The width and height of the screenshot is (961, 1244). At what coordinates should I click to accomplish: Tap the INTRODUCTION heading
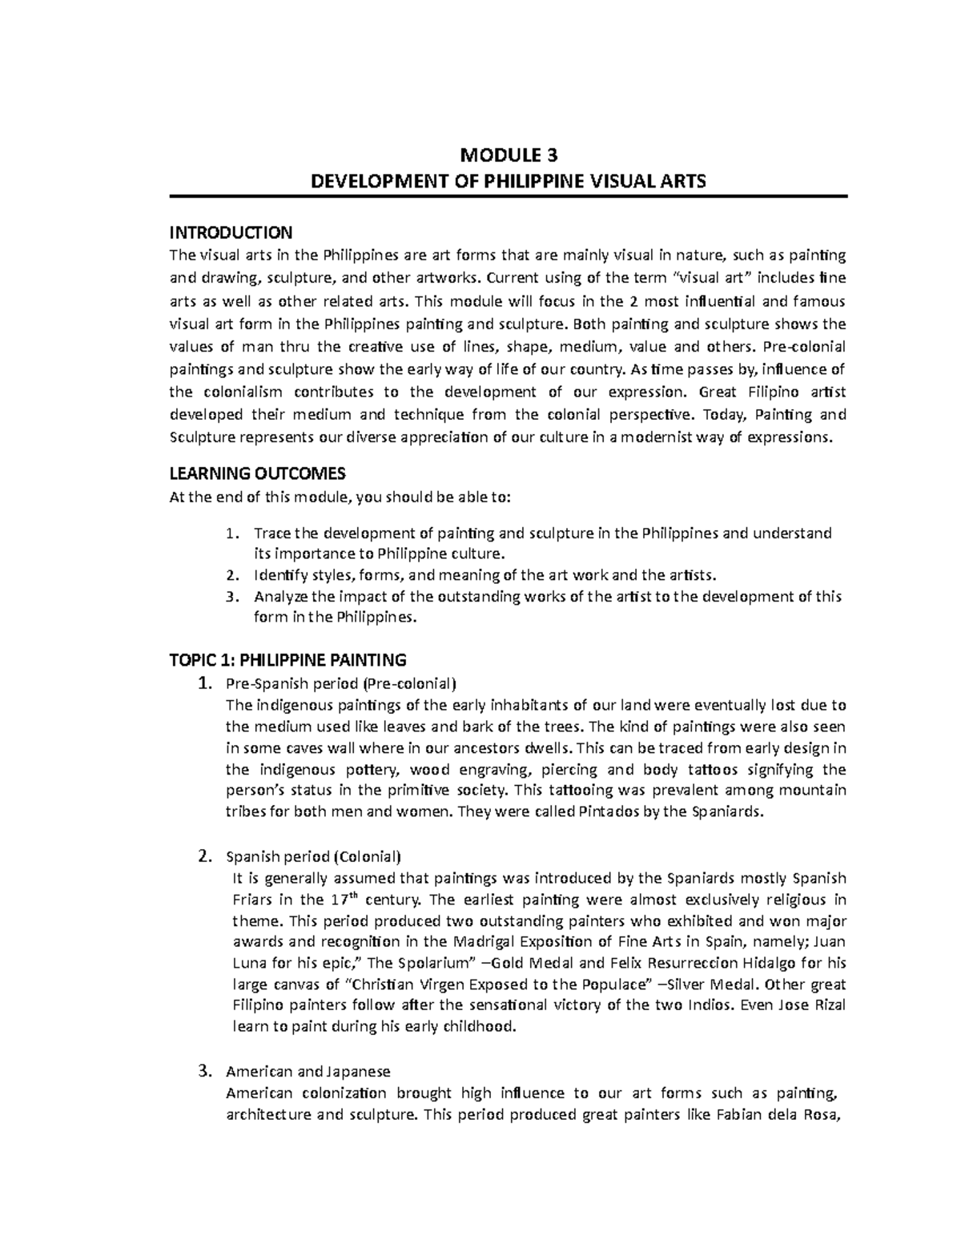(x=231, y=233)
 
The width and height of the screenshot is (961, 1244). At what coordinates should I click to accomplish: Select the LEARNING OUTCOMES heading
(x=257, y=473)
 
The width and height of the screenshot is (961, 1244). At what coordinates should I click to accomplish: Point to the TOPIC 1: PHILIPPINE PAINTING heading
(x=287, y=661)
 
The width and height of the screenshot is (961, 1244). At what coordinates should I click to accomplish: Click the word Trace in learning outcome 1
(x=271, y=533)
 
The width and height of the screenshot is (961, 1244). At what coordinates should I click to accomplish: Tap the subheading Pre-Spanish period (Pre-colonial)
(x=341, y=684)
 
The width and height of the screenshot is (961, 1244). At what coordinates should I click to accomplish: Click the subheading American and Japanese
(x=308, y=1071)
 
